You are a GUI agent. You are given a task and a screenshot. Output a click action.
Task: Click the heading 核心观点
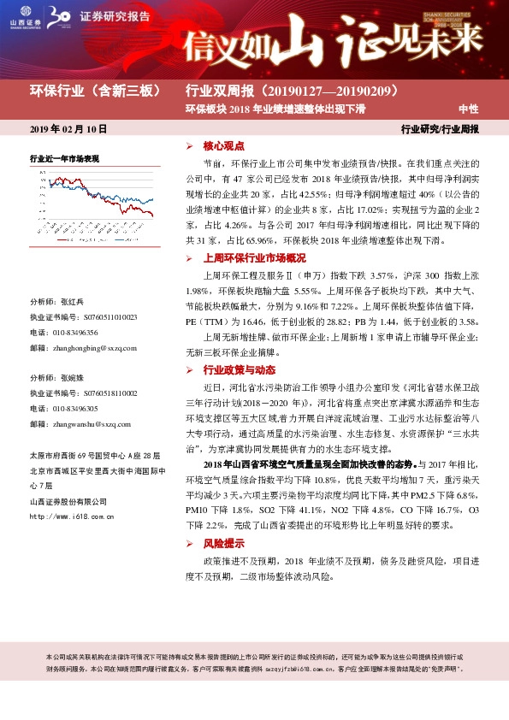223,146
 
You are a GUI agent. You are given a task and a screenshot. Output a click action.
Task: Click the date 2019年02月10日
68,128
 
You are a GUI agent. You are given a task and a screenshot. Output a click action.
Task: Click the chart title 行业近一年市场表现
65,158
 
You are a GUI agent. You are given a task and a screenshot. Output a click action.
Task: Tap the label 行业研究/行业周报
441,129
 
